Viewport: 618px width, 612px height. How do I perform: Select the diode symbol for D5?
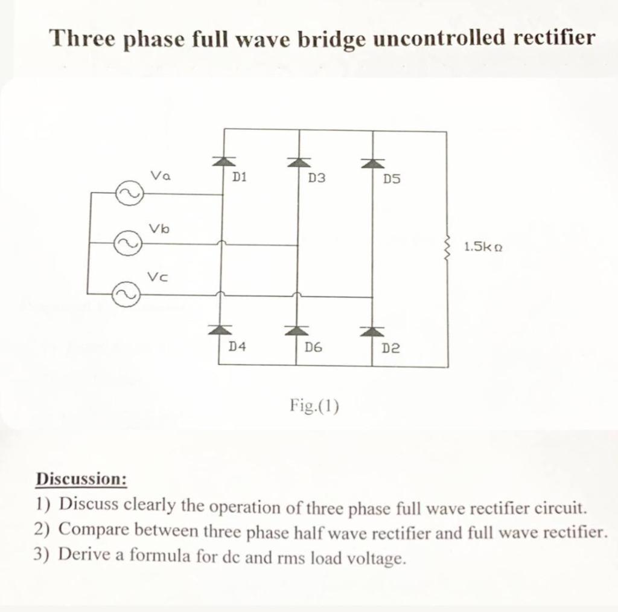pyautogui.click(x=372, y=162)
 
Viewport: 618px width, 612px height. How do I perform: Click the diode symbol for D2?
pyautogui.click(x=372, y=330)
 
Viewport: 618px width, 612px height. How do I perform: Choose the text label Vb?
pyautogui.click(x=159, y=228)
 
